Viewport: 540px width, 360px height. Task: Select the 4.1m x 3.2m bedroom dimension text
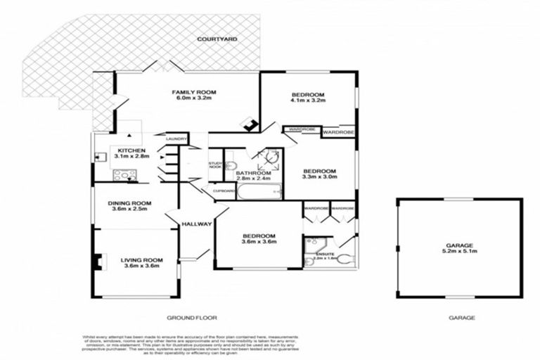pyautogui.click(x=307, y=102)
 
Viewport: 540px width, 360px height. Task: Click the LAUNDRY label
pyautogui.click(x=176, y=139)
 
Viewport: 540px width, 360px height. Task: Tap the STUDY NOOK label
pyautogui.click(x=215, y=166)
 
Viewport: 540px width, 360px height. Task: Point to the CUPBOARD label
pyautogui.click(x=224, y=191)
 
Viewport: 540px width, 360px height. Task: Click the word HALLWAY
pyautogui.click(x=196, y=224)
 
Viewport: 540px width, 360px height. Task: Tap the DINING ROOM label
pyautogui.click(x=130, y=204)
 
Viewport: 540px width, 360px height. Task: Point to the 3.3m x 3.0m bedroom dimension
pyautogui.click(x=319, y=177)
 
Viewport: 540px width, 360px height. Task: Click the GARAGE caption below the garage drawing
pyautogui.click(x=461, y=318)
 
